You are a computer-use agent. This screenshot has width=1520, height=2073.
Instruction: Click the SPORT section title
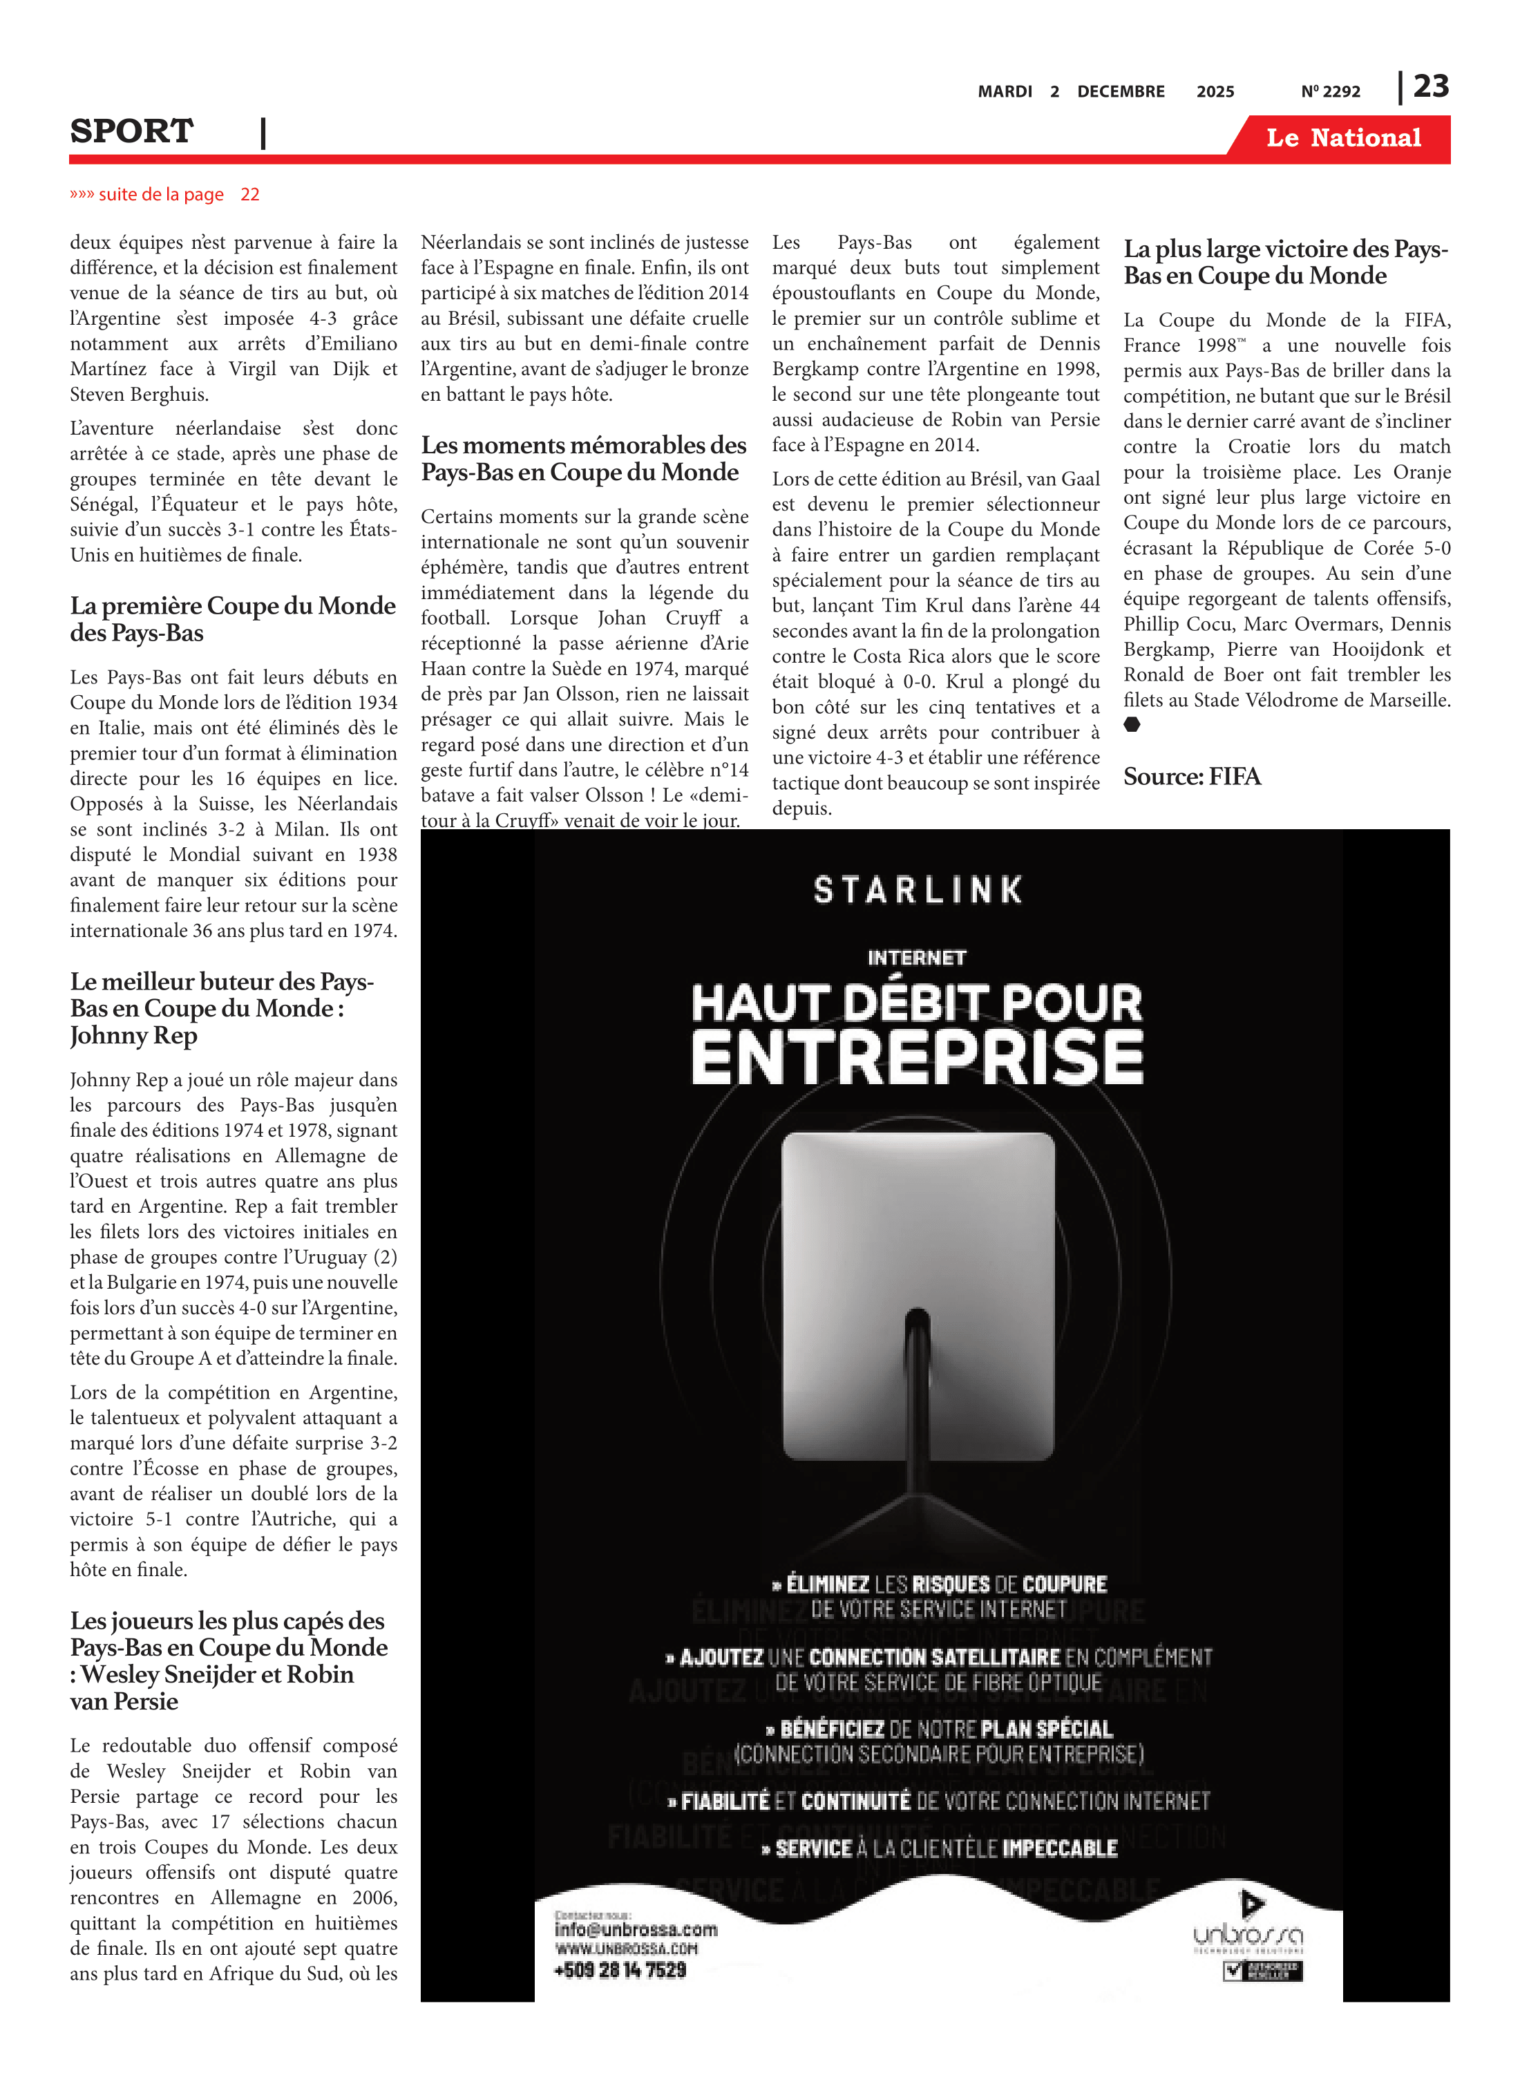131,131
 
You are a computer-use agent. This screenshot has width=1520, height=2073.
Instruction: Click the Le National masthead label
1342,138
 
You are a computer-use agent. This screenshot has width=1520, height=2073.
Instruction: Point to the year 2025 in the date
1215,92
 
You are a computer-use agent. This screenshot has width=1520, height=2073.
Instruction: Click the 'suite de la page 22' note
164,195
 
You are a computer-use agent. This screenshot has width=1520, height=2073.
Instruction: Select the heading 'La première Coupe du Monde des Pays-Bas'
232,619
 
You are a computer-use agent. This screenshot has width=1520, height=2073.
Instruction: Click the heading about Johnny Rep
221,1008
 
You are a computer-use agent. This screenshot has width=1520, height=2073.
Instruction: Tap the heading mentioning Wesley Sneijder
228,1660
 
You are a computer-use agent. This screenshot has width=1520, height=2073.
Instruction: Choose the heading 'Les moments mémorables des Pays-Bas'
583,458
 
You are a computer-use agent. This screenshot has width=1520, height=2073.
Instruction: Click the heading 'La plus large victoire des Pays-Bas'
1285,262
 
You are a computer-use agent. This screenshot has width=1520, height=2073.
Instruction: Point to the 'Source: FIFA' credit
1192,777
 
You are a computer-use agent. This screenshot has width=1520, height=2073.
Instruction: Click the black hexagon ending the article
1132,724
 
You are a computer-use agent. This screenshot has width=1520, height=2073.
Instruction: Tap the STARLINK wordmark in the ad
918,890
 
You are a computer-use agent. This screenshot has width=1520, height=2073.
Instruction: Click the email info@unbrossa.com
635,1929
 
